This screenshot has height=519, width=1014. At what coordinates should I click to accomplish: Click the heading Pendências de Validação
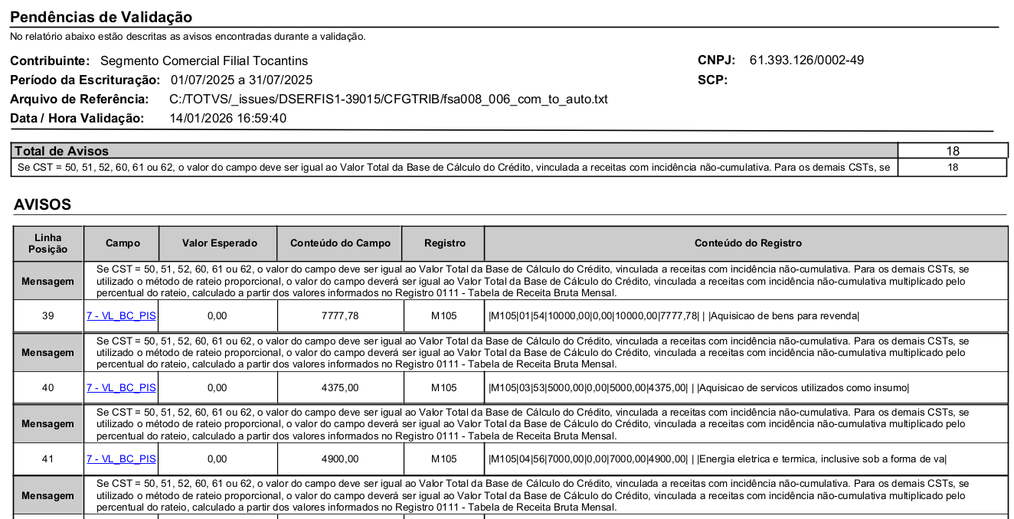pyautogui.click(x=101, y=17)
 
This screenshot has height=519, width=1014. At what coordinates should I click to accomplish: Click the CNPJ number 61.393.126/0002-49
pyautogui.click(x=806, y=60)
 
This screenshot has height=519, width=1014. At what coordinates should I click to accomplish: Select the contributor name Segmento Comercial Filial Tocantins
pyautogui.click(x=204, y=60)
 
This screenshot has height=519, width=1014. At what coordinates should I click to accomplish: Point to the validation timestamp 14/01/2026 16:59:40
pyautogui.click(x=227, y=118)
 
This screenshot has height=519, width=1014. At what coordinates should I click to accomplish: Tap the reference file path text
pyautogui.click(x=388, y=99)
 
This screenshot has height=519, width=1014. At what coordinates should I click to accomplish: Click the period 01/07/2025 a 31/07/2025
pyautogui.click(x=241, y=80)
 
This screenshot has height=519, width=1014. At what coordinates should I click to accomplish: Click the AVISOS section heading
pyautogui.click(x=42, y=204)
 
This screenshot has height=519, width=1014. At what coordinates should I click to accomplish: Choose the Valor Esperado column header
pyautogui.click(x=219, y=243)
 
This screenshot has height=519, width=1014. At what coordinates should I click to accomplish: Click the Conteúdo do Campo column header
pyautogui.click(x=340, y=243)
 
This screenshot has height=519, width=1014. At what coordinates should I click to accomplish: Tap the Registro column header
pyautogui.click(x=444, y=243)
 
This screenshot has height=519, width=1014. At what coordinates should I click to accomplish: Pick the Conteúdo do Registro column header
pyautogui.click(x=747, y=243)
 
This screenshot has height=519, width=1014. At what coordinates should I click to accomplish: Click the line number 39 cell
pyautogui.click(x=47, y=316)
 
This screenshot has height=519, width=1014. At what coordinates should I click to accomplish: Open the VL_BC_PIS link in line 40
pyautogui.click(x=121, y=388)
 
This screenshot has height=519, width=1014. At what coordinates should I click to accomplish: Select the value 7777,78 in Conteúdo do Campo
pyautogui.click(x=340, y=316)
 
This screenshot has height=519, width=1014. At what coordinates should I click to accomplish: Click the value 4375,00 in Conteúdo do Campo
pyautogui.click(x=340, y=388)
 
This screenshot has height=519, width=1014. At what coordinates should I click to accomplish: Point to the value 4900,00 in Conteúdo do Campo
pyautogui.click(x=340, y=459)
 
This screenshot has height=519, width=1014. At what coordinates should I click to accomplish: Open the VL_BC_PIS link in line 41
pyautogui.click(x=121, y=459)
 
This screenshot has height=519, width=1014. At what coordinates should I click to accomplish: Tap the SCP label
pyautogui.click(x=712, y=80)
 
